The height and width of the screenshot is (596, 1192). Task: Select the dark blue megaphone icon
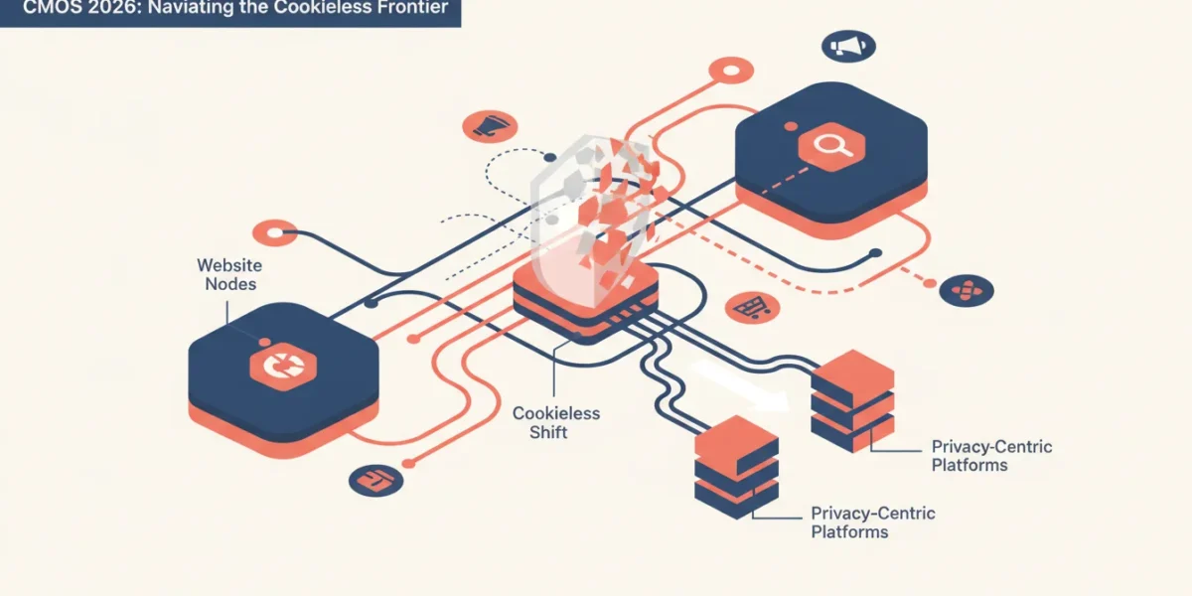[848, 47]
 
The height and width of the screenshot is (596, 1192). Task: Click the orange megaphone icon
[490, 127]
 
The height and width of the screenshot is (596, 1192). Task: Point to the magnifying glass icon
[831, 146]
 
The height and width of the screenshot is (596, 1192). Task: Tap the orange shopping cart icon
[752, 308]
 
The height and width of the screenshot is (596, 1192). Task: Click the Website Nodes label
[229, 274]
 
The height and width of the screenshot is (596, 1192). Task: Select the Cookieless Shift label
[555, 422]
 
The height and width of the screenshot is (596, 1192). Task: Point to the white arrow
[741, 386]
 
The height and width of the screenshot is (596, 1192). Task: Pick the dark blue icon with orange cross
[966, 290]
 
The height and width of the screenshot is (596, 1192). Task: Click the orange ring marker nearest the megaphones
[731, 71]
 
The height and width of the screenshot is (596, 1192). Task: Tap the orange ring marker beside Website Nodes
[274, 232]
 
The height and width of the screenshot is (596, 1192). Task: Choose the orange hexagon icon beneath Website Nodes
[283, 367]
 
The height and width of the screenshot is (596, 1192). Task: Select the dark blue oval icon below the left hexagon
[375, 481]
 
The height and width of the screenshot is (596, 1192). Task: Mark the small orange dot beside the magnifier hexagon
[791, 126]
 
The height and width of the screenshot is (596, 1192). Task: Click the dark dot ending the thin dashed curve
[550, 158]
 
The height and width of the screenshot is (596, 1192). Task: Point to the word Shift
[548, 432]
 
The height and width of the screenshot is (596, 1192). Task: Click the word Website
[229, 265]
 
